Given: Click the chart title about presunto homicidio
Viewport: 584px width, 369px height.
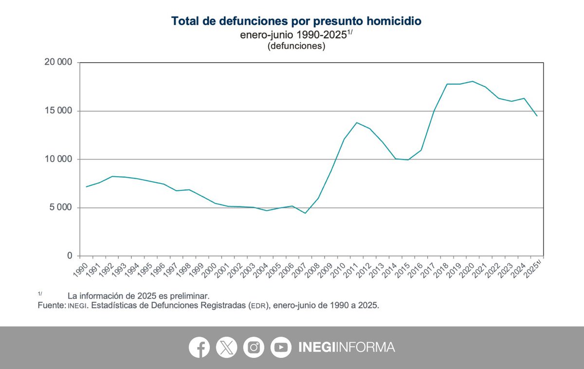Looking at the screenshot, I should (296, 21).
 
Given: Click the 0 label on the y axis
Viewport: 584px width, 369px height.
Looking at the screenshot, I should (70, 256).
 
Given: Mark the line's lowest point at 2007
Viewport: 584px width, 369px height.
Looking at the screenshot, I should (305, 213).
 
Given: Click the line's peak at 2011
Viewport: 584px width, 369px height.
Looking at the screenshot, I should (357, 123).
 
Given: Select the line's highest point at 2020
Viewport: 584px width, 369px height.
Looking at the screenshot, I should (473, 81).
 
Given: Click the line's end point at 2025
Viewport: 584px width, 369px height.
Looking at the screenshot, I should (537, 116).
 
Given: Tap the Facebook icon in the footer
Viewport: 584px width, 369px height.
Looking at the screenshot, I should (199, 348).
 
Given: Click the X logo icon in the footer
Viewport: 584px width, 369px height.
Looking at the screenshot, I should (226, 348).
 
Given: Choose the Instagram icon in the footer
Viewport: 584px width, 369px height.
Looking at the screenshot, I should (254, 348).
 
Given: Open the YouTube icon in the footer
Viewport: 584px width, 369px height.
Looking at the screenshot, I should (281, 348).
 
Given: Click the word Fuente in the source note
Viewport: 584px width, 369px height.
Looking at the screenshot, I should (51, 305).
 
